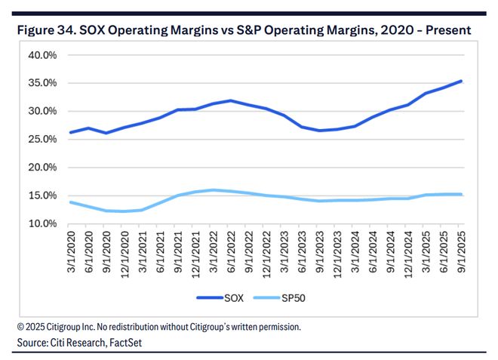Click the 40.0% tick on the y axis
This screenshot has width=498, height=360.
point(42,55)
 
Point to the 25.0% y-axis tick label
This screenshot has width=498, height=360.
point(42,140)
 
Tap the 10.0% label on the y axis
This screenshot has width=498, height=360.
point(42,224)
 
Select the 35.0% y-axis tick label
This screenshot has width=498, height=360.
point(42,83)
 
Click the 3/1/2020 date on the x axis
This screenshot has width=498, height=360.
point(71,253)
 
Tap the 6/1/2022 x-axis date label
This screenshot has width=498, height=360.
point(231,253)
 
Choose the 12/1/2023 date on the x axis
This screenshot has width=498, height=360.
point(337,253)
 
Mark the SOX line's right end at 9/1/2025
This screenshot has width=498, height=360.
point(461,81)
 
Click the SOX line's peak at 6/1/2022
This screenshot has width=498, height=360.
point(231,100)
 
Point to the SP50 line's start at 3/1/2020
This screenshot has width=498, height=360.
point(71,202)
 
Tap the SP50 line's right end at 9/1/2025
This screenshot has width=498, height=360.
point(461,195)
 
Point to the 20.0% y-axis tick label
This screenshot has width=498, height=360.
point(42,168)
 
